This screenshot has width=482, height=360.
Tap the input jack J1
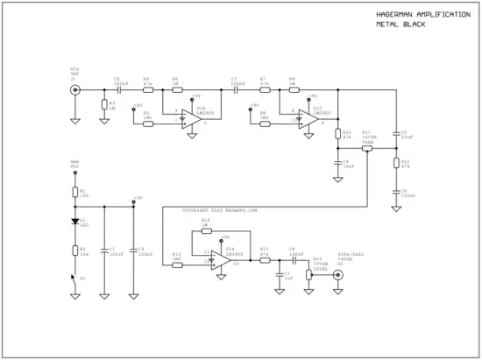tap(75, 89)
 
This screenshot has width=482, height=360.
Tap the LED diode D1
tap(75, 222)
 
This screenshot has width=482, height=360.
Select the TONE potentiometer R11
tap(366, 149)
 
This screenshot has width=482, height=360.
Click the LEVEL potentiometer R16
tap(308, 274)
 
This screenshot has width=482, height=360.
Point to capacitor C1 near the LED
tap(104, 251)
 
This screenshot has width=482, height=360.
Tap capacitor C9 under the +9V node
tap(132, 251)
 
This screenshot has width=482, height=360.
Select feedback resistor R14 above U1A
tap(205, 231)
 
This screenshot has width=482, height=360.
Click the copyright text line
tap(219, 210)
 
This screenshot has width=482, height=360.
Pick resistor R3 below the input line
tap(104, 105)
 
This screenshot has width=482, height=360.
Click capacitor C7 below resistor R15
tap(278, 273)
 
